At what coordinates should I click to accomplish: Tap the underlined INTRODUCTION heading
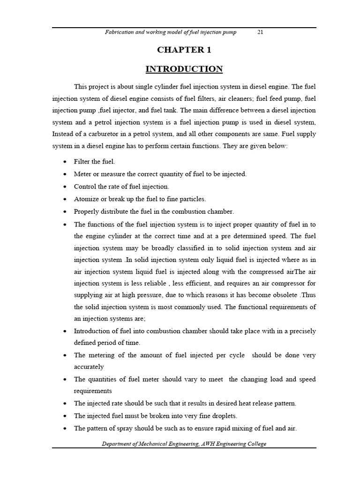tap(184, 69)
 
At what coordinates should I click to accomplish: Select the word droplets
tap(225, 416)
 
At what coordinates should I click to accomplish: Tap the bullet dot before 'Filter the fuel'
tap(65, 162)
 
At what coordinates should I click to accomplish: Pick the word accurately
tap(89, 367)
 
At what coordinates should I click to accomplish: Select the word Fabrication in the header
tap(120, 32)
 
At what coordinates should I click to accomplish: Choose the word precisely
tap(299, 331)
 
